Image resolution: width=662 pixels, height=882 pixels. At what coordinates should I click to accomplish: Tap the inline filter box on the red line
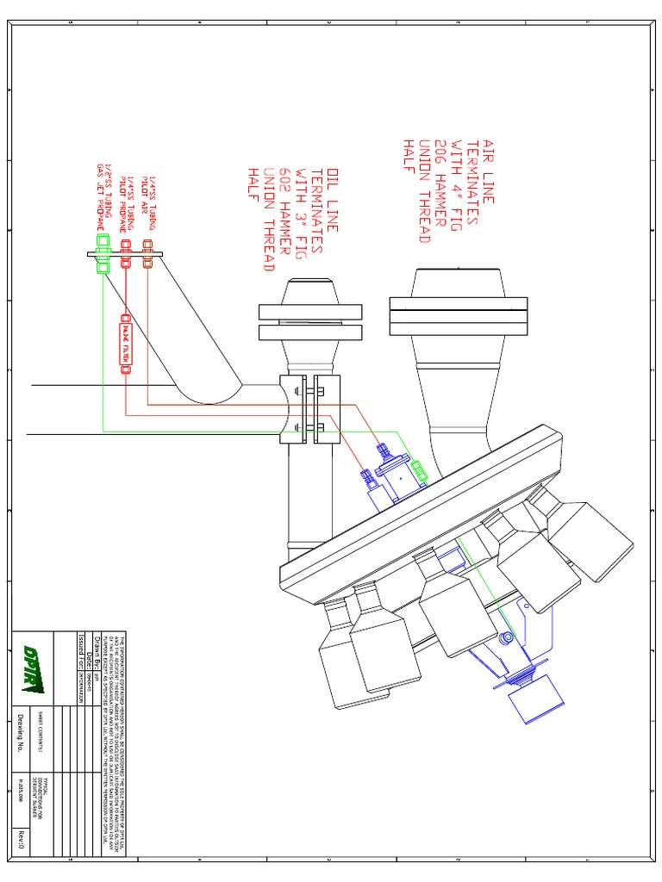[126, 341]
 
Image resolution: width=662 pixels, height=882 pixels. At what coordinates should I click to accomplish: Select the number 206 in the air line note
[442, 158]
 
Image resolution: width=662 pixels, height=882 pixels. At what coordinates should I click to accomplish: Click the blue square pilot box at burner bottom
[535, 702]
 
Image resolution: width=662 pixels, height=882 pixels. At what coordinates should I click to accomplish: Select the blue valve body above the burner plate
[393, 479]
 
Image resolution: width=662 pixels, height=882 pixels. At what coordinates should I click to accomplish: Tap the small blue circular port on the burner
[506, 639]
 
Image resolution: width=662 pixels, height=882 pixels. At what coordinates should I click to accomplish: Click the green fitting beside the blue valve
[420, 471]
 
